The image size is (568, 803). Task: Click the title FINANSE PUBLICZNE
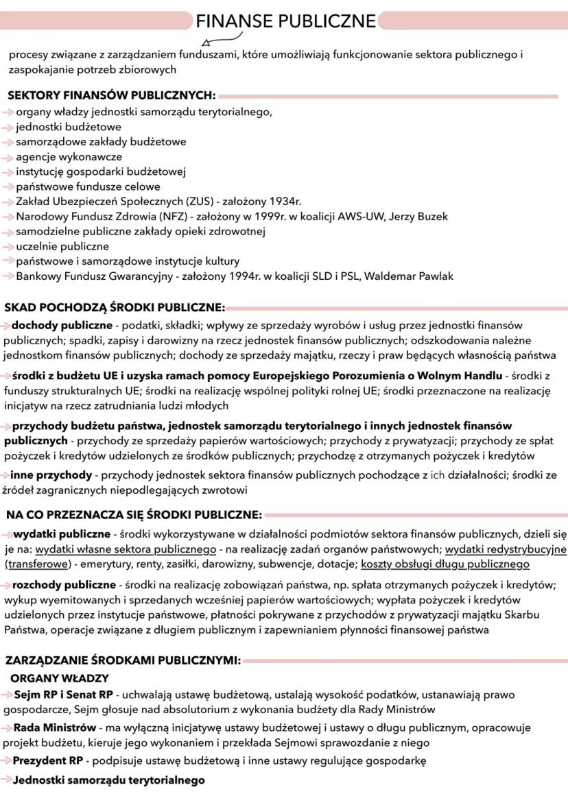285,21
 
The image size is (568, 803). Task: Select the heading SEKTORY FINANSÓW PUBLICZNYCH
111,95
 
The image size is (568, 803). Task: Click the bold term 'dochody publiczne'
60,324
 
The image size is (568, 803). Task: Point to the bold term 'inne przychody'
51,475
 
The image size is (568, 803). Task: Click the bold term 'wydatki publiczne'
62,534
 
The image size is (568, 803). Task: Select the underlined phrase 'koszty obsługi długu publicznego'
445,564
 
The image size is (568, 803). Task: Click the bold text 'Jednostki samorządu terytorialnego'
108,780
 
